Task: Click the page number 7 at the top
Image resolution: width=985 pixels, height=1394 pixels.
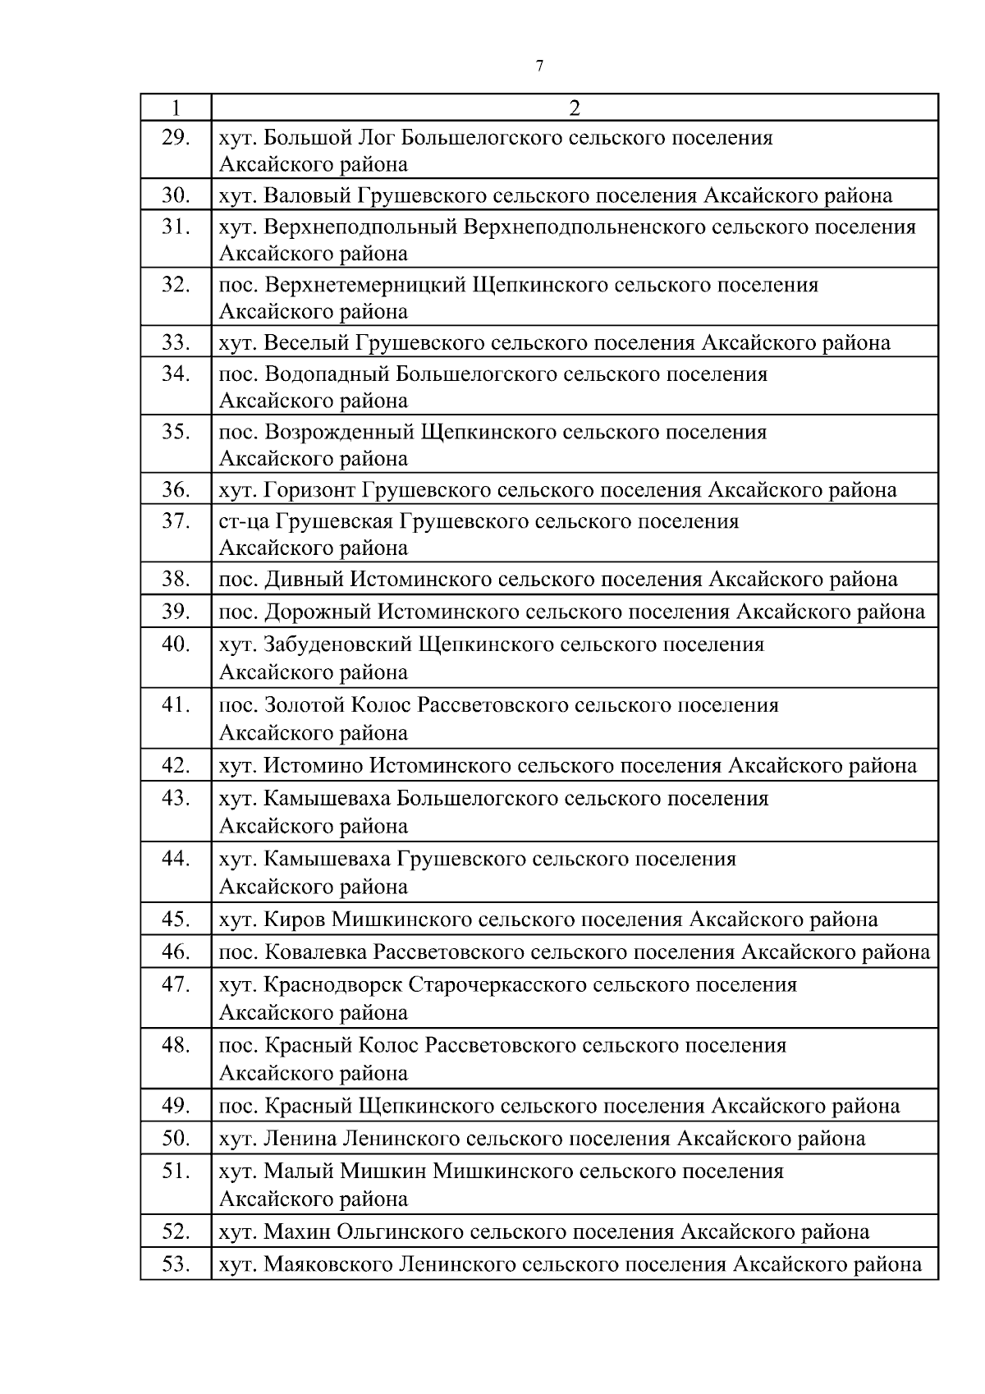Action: point(539,66)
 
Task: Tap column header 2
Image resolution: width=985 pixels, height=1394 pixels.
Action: point(575,108)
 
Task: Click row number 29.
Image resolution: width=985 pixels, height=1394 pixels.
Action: point(175,137)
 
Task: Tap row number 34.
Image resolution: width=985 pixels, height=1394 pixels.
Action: point(175,374)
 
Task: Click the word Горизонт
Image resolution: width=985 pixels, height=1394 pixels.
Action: point(309,490)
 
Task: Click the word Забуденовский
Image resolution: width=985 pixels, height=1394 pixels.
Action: point(337,644)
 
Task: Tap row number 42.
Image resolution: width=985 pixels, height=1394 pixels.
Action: point(175,766)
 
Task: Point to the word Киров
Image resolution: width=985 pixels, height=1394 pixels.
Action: point(294,919)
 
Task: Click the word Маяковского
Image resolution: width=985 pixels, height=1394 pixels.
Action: point(328,1264)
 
